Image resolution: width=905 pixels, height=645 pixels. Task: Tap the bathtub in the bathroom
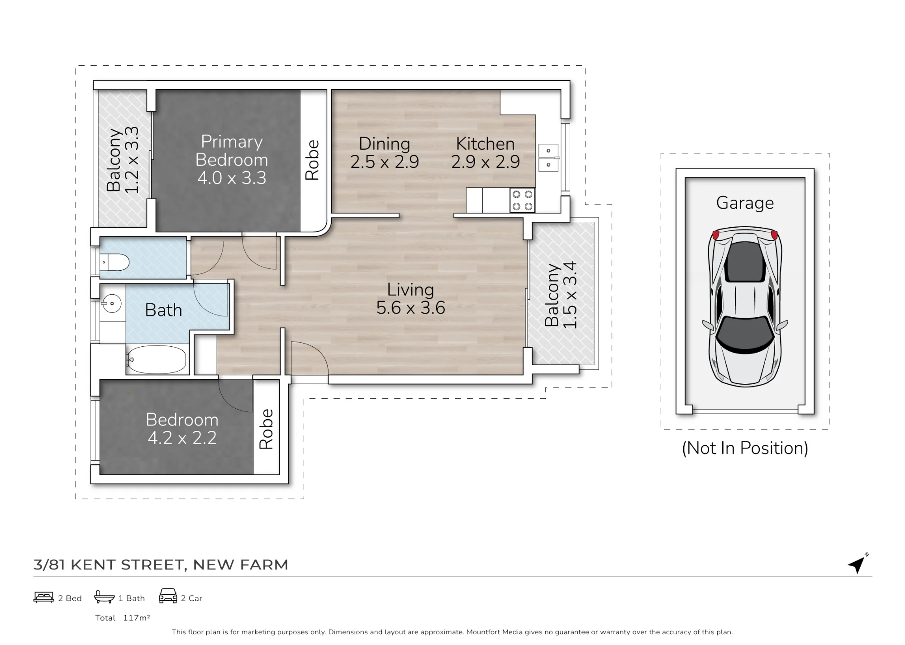point(156,360)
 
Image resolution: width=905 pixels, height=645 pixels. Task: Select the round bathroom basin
point(111,303)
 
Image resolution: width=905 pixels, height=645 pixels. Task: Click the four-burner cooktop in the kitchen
point(522,201)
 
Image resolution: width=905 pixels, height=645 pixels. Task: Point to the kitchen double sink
point(548,158)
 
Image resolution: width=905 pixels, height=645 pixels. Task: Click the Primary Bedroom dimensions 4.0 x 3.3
point(232,178)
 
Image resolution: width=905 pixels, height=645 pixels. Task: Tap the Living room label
point(410,290)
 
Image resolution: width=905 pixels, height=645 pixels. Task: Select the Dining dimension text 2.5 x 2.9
point(385,162)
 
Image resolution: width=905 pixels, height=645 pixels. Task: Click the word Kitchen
point(485,144)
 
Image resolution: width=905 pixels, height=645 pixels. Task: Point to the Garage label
point(745,203)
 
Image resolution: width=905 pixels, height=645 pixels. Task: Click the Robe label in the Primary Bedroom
point(312,160)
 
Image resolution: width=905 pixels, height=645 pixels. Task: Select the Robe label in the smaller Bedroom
point(266,429)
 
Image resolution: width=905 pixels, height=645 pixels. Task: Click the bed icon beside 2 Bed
point(44,597)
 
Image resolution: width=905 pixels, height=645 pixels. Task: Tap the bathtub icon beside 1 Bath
point(104,597)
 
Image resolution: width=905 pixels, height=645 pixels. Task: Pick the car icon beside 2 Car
point(168,596)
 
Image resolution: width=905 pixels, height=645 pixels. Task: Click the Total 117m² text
point(123,618)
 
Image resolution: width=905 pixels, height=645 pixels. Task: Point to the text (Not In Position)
point(745,448)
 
